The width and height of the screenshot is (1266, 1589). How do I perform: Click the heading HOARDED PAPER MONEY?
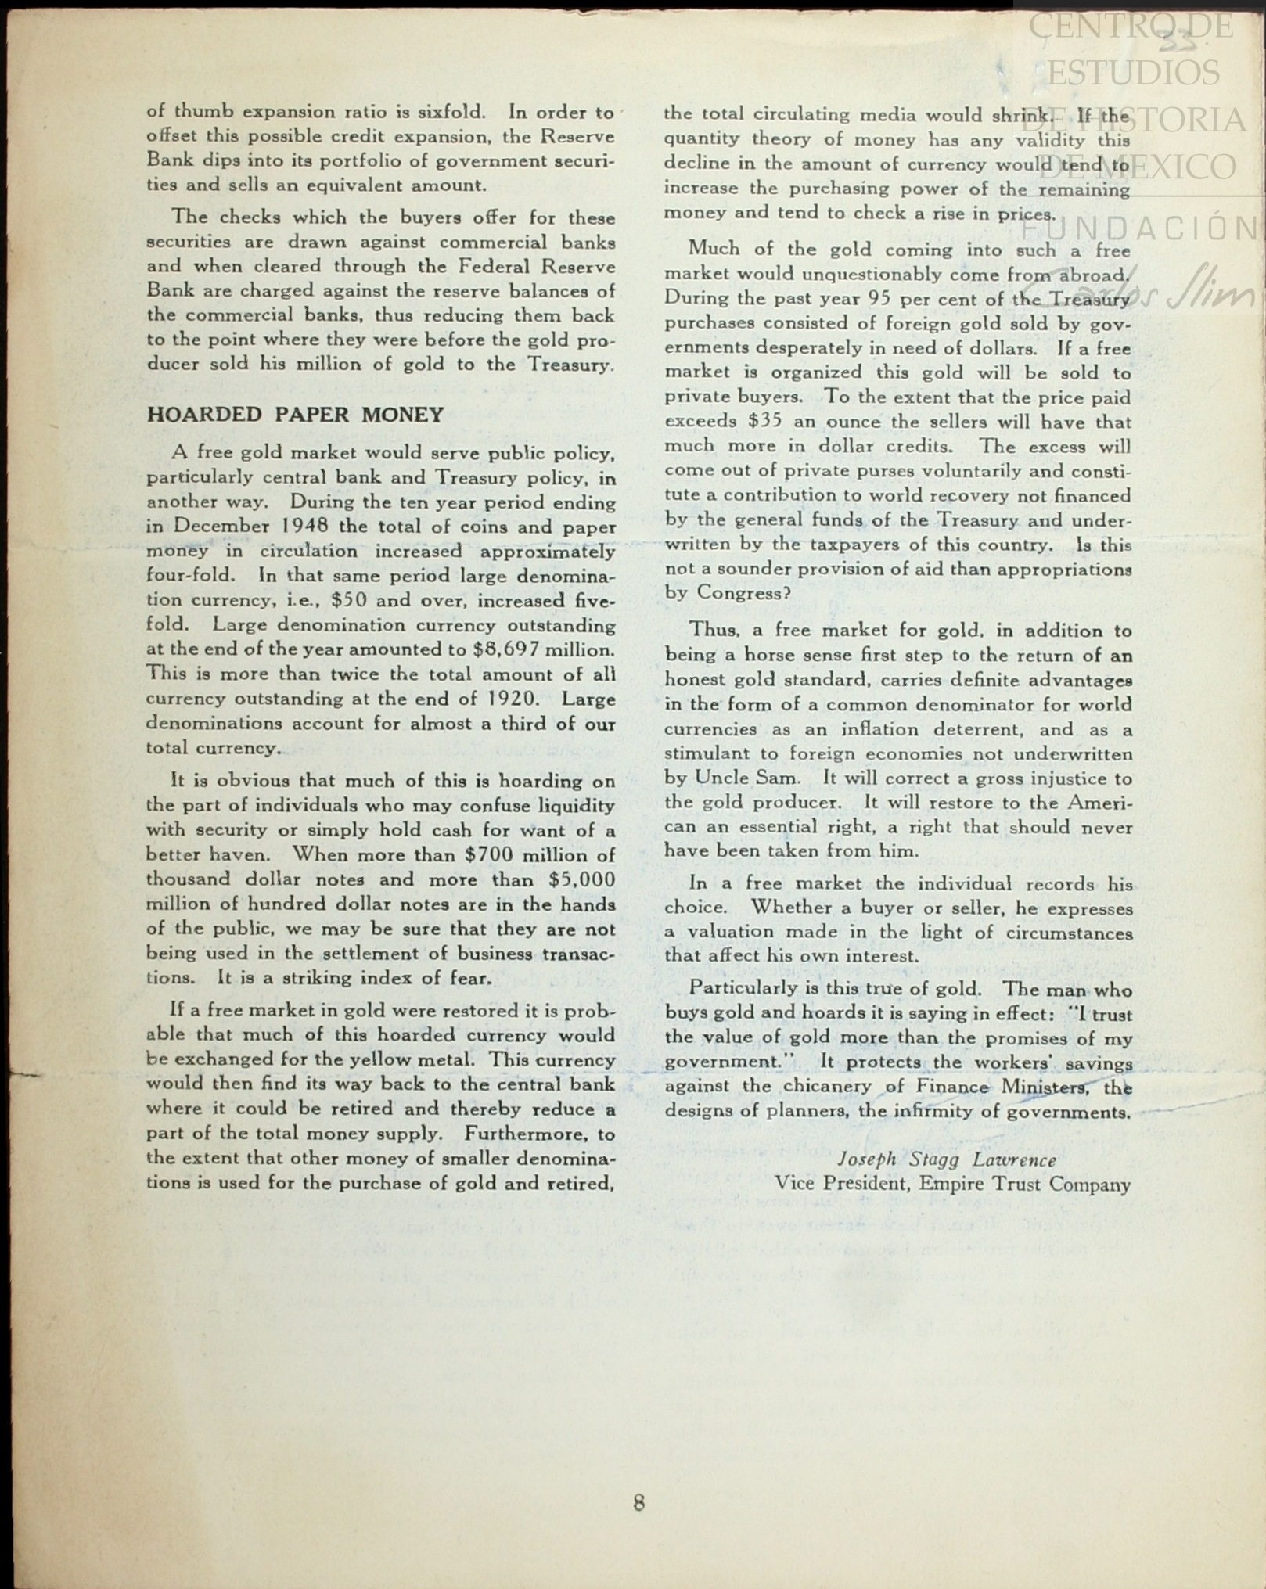tap(295, 415)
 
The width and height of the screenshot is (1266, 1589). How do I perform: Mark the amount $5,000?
tap(582, 879)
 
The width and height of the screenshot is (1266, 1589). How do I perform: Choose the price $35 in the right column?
tap(764, 421)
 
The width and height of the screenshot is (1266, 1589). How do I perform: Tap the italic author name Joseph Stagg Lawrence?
tap(947, 1159)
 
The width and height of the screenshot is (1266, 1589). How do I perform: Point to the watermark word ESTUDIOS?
tap(1132, 73)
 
